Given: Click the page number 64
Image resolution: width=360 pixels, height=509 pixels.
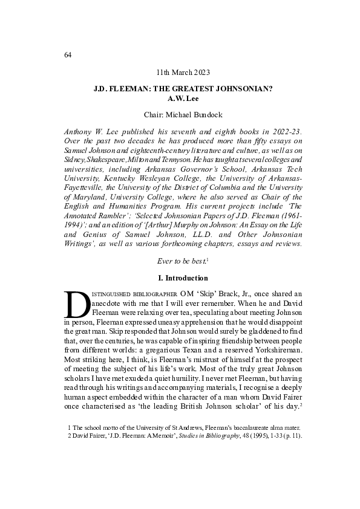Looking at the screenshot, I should coord(67,55).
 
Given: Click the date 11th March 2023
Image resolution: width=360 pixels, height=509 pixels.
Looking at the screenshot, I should coord(182,73).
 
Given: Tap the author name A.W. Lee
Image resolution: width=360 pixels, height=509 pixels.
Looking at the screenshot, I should coord(182,97).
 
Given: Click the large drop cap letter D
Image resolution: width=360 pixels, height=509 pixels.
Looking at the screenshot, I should coord(77,305).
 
